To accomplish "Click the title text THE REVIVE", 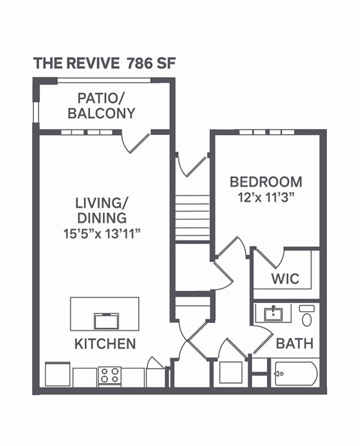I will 76,63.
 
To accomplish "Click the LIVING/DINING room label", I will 101,210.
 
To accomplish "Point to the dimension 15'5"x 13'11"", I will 102,233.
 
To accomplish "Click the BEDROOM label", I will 265,181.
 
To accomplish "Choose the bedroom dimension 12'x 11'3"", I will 266,198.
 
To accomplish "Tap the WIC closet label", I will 285,279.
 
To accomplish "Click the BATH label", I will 295,344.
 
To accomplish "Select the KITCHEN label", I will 104,344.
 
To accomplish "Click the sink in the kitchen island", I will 105,320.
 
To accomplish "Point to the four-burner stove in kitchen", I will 109,376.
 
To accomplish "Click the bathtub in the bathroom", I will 295,373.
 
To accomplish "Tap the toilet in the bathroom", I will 307,316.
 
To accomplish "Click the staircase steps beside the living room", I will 193,217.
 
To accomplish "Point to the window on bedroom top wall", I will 266,133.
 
